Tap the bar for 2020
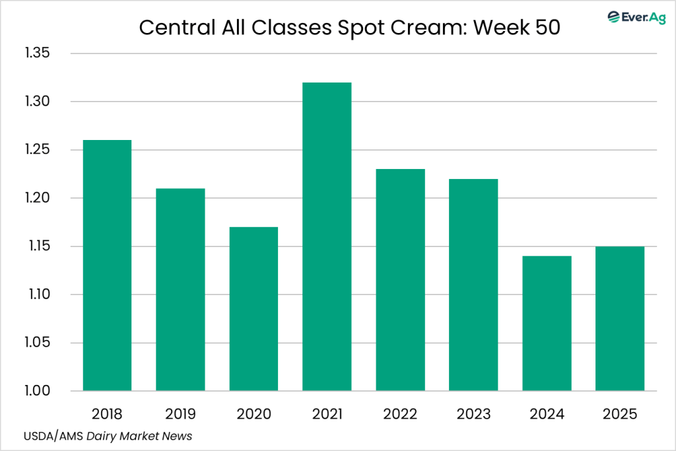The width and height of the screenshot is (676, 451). pos(253,308)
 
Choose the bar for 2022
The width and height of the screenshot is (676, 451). pos(400,280)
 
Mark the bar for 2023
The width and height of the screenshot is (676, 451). pos(473,285)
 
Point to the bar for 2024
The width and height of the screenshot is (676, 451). pos(547,324)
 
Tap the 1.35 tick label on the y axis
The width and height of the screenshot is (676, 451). pos(37,53)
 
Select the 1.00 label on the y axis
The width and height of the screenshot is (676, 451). pos(37,391)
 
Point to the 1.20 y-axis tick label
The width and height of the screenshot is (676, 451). pos(37,198)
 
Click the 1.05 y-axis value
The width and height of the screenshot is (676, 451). pos(37,343)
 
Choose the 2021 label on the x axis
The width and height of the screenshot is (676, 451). pos(327,415)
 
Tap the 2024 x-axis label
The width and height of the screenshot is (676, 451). pos(547,415)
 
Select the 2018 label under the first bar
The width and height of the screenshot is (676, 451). pos(107,415)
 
